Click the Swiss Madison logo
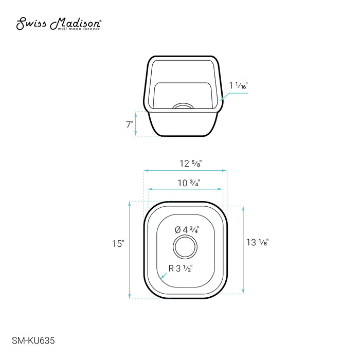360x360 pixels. (x=59, y=24)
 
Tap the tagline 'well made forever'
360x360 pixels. (x=79, y=29)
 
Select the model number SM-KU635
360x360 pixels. (x=33, y=340)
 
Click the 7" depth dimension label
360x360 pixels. (x=130, y=124)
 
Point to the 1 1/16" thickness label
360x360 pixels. (x=238, y=86)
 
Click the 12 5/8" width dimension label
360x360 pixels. (x=191, y=164)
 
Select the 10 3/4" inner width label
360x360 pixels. (x=189, y=183)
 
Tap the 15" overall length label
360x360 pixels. (x=118, y=244)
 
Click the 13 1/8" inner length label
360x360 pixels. (x=257, y=242)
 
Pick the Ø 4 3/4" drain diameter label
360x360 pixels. (x=187, y=229)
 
